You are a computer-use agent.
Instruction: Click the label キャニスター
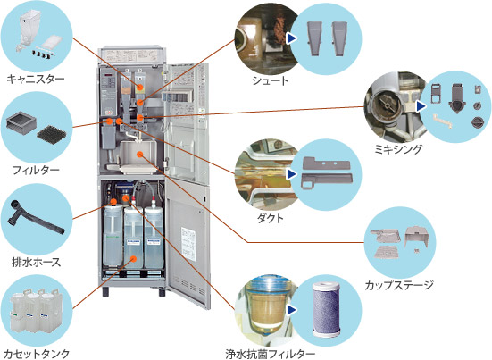coord(35,79)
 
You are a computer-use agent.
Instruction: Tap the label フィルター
coord(35,168)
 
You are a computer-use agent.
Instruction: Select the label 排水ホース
coord(35,261)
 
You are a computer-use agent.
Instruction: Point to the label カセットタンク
coord(36,353)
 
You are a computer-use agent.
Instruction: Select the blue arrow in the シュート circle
coord(291,38)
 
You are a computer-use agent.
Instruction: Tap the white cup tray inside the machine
coord(139,159)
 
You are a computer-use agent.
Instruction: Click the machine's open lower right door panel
coord(191,241)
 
